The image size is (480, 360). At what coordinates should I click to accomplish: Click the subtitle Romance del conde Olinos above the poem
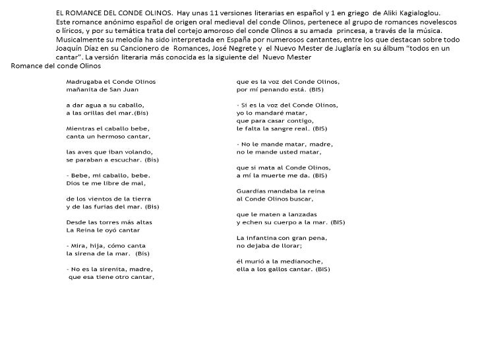47,67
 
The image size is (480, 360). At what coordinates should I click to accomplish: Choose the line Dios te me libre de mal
105,183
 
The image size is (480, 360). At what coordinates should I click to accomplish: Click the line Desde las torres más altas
109,222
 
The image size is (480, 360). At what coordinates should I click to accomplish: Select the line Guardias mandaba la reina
280,191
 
